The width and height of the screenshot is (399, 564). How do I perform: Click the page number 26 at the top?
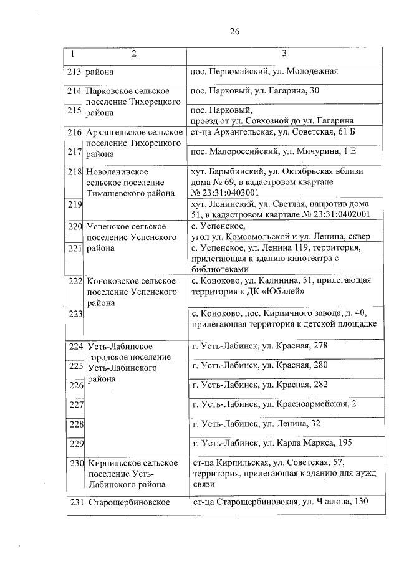pos(234,31)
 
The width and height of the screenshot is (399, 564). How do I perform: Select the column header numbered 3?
pos(284,54)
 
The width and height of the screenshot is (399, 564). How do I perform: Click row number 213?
pos(75,72)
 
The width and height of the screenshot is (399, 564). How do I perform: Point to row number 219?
pos(75,204)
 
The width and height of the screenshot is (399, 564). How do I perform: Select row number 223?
pos(75,313)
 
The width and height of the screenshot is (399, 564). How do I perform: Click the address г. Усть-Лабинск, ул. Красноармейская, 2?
pos(274,404)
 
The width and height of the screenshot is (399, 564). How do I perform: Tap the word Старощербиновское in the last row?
pos(130,503)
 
